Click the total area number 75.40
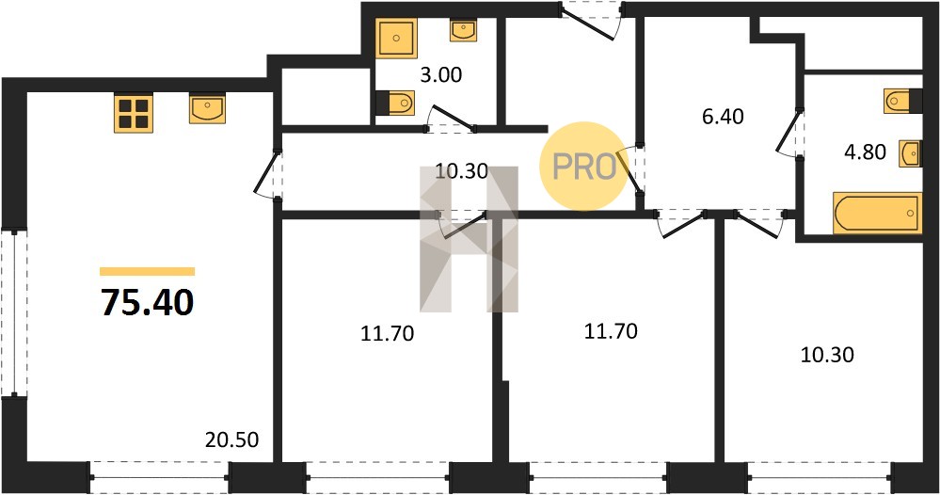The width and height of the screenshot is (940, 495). pyautogui.click(x=148, y=302)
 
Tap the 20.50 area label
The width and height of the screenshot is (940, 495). pyautogui.click(x=232, y=439)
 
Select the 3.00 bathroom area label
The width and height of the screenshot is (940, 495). pyautogui.click(x=440, y=75)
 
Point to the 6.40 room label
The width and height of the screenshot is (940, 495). pyautogui.click(x=723, y=117)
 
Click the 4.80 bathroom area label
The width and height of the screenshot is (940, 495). pyautogui.click(x=865, y=152)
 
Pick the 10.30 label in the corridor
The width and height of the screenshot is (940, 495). pyautogui.click(x=462, y=172)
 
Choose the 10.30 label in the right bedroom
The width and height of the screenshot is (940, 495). pyautogui.click(x=827, y=355)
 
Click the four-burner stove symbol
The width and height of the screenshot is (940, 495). pyautogui.click(x=133, y=113)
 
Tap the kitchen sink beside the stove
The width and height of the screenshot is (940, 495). pyautogui.click(x=207, y=108)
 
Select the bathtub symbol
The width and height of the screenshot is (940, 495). pyautogui.click(x=876, y=212)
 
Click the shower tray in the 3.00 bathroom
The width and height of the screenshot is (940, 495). pyautogui.click(x=396, y=39)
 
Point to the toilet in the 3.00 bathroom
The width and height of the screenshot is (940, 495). pyautogui.click(x=395, y=103)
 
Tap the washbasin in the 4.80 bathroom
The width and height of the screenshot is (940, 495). pyautogui.click(x=910, y=154)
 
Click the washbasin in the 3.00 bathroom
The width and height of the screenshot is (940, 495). pyautogui.click(x=463, y=30)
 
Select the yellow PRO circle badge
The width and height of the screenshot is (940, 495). pyautogui.click(x=584, y=166)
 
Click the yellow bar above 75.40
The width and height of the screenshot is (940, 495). pyautogui.click(x=148, y=271)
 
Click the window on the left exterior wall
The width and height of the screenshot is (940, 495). pyautogui.click(x=13, y=311)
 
